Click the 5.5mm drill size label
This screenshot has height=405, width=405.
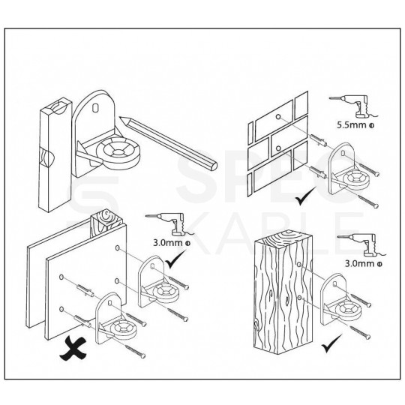point(355,125)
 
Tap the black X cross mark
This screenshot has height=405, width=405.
point(73,349)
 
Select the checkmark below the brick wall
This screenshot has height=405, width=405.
point(305,196)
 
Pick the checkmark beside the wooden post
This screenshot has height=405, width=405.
point(331,343)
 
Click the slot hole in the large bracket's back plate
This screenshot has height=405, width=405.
point(96,107)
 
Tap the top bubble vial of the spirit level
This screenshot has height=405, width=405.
point(60,106)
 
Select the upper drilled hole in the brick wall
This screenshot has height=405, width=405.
point(278,117)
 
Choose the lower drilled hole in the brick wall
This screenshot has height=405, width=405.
point(278,148)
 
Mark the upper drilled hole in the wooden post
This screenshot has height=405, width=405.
point(299,265)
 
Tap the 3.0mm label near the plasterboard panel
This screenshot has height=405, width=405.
point(172,243)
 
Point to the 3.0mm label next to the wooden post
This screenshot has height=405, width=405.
point(364,263)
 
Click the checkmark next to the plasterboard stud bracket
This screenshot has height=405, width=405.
point(175,259)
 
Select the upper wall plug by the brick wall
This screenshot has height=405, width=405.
point(319,140)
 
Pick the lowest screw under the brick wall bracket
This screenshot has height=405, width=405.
point(367,200)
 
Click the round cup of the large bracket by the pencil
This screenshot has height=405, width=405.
point(118,154)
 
